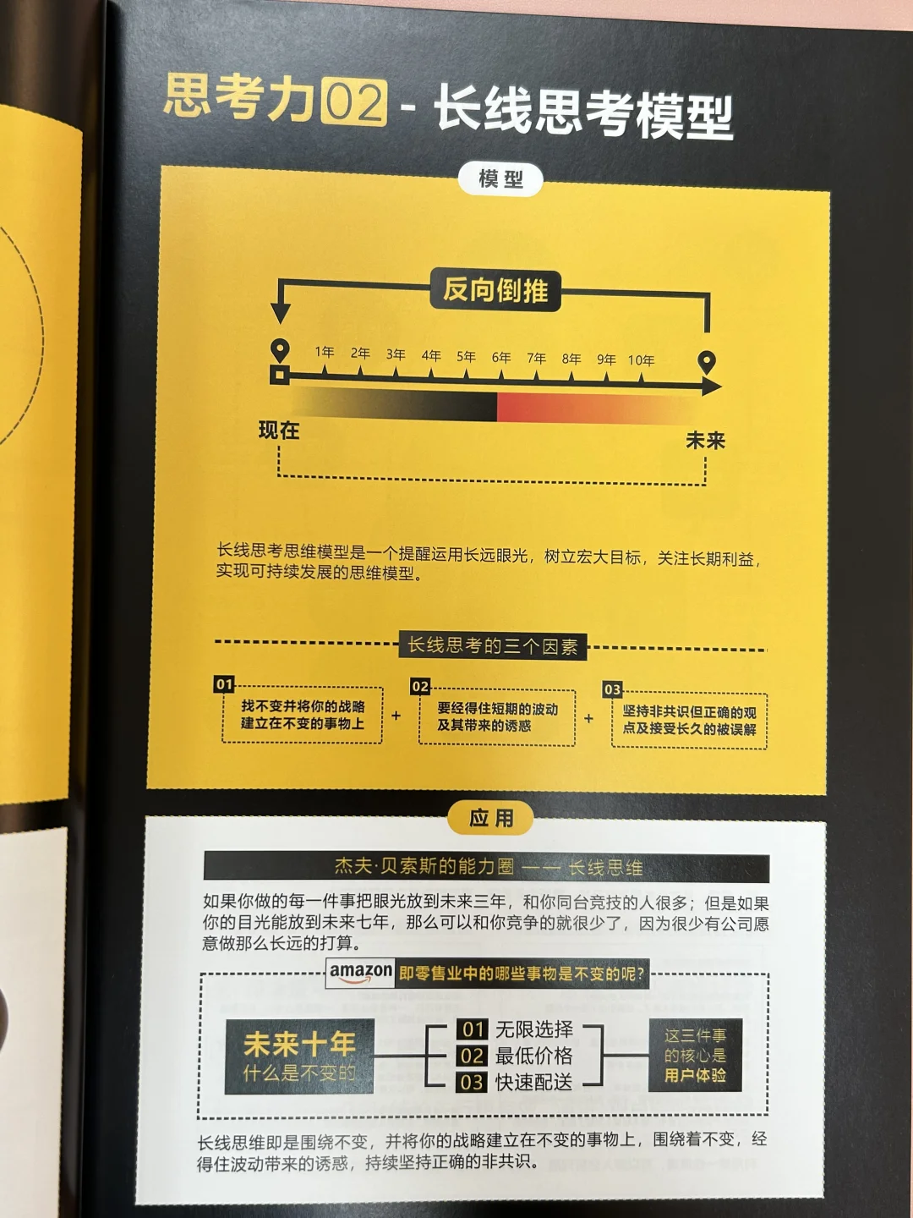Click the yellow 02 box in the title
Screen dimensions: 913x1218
pos(355,102)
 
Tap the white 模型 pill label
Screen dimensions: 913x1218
pos(500,180)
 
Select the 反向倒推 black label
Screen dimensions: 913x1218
pos(495,290)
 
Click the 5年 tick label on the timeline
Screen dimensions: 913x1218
pos(466,356)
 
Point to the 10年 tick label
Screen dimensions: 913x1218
pos(641,360)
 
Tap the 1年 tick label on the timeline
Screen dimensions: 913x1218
pos(325,352)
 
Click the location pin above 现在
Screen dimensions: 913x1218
pos(280,351)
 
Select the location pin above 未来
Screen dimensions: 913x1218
pos(706,363)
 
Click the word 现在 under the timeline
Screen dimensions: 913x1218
pos(279,430)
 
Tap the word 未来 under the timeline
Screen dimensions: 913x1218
pos(705,441)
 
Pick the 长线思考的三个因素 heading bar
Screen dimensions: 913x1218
pos(493,646)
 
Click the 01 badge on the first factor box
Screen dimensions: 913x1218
pos(224,684)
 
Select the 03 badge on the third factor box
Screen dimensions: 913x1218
pos(613,689)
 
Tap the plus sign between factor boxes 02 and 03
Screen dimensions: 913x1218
pos(588,718)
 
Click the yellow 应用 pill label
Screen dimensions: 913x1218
pos(490,818)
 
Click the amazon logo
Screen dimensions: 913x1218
pos(360,973)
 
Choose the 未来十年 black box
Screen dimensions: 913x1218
pos(299,1056)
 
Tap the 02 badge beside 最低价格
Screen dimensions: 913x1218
pos(473,1056)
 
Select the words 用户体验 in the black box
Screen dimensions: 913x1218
pos(695,1075)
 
